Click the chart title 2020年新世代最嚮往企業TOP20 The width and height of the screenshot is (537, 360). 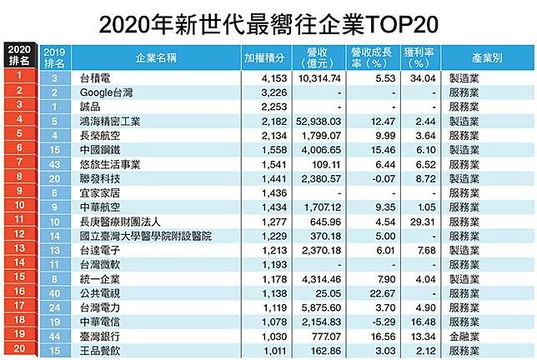tap(268, 24)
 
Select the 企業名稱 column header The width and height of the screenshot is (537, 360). tap(156, 57)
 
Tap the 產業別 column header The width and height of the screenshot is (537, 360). tap(487, 57)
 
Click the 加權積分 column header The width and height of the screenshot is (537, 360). tap(264, 57)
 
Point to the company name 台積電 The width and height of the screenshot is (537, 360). tap(95, 78)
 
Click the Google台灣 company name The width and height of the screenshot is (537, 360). tap(106, 92)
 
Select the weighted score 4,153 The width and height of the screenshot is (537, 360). tap(274, 78)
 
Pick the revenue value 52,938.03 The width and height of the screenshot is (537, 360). tap(319, 122)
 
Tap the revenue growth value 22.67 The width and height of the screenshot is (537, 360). tap(383, 293)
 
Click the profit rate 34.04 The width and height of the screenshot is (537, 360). tap(423, 78)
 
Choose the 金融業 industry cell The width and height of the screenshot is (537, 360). tap(464, 337)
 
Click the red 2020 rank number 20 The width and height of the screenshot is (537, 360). tap(19, 348)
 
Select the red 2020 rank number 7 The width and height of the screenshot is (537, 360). tap(19, 162)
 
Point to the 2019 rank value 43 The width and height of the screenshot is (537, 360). tap(54, 165)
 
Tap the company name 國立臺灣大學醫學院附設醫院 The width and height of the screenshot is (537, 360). tap(146, 236)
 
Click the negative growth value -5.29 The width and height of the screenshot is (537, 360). tap(384, 322)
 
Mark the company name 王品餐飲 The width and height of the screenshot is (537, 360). tap(100, 351)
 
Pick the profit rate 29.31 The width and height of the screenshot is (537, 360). tap(422, 222)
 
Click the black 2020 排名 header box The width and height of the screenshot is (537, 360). tap(19, 55)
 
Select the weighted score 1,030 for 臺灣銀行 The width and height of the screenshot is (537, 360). tap(274, 337)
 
